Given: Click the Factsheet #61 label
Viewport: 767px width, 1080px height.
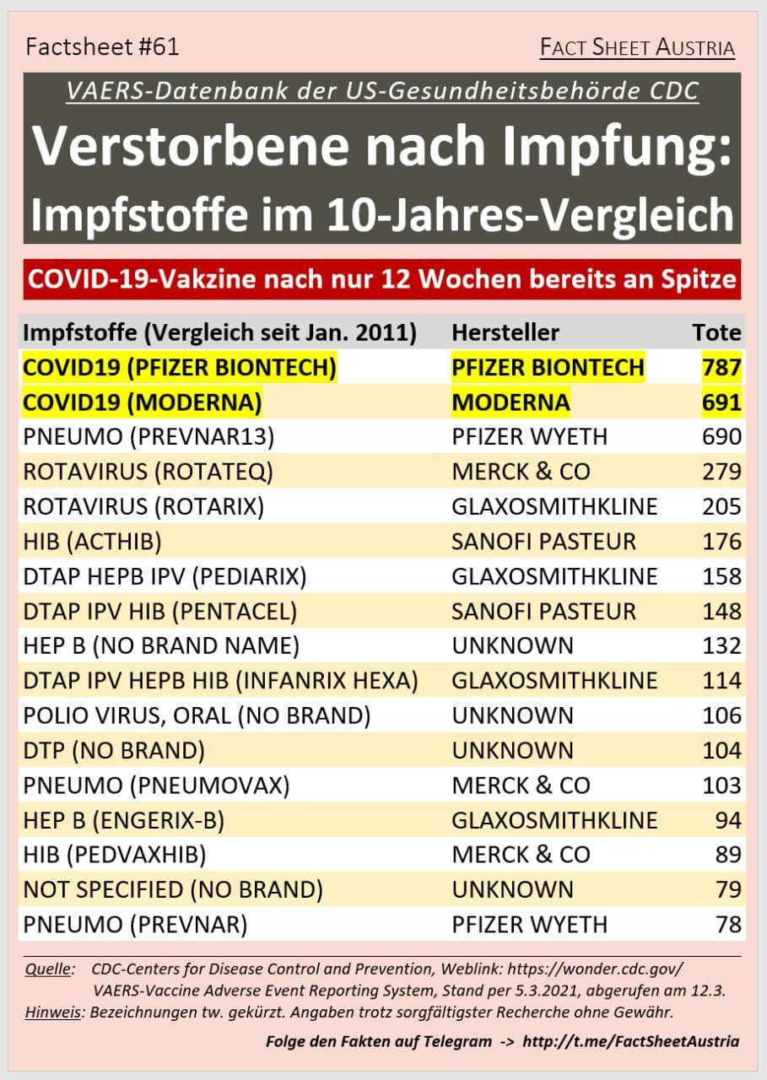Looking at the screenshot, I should [x=102, y=47].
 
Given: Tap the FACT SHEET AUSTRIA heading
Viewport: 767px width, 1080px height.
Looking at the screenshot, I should [x=637, y=48].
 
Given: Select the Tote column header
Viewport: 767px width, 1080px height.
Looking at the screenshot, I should [x=716, y=332].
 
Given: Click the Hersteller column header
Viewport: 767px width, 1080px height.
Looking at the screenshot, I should [x=505, y=332].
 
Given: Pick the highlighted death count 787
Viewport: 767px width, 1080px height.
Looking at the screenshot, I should [x=721, y=368].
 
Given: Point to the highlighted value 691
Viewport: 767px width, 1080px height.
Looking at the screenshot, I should [x=721, y=402].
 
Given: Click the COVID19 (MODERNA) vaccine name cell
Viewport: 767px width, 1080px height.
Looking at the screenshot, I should [x=142, y=402].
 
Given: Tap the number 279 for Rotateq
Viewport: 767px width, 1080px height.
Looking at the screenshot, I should [x=721, y=472].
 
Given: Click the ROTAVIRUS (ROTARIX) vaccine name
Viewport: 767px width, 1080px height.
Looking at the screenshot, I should [x=143, y=506].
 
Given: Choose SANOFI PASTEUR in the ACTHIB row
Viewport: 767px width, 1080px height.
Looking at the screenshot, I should [x=543, y=542].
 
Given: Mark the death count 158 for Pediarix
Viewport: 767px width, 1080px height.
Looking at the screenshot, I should [x=721, y=576].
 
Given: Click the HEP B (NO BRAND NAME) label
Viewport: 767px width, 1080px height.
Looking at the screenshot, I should [x=161, y=646].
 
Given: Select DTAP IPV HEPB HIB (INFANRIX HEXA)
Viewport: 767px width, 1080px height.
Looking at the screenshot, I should [x=220, y=681].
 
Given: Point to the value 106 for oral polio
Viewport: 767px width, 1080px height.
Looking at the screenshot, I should [x=721, y=715].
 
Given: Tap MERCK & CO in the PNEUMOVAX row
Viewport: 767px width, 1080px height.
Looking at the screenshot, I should [x=521, y=786].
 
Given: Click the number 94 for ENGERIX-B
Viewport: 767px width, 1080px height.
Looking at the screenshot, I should [x=726, y=820].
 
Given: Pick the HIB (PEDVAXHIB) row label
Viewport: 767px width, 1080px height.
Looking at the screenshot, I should [x=115, y=855].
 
